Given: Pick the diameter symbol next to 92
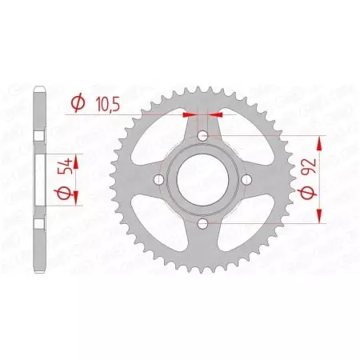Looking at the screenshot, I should (x=307, y=196).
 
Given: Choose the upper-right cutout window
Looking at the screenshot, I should (x=242, y=142).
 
